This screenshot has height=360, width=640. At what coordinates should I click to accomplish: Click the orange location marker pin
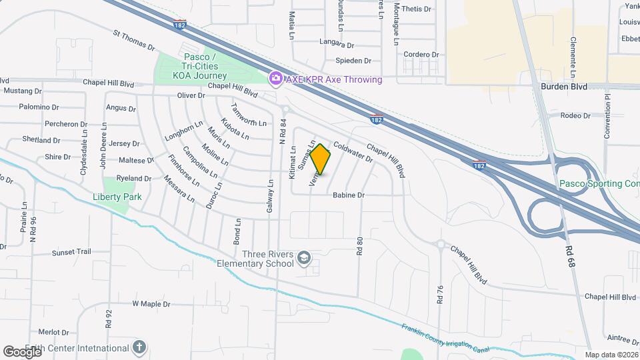point(321,159)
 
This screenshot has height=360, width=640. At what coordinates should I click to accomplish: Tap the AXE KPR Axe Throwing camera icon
point(275,79)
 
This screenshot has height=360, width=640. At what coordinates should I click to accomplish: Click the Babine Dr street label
point(349,195)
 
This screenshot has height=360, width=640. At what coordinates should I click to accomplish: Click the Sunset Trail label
point(71,253)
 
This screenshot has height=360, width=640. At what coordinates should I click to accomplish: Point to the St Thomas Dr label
point(133,39)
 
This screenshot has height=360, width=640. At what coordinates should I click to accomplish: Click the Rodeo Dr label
point(575,115)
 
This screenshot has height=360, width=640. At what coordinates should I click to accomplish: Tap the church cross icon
point(139,347)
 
